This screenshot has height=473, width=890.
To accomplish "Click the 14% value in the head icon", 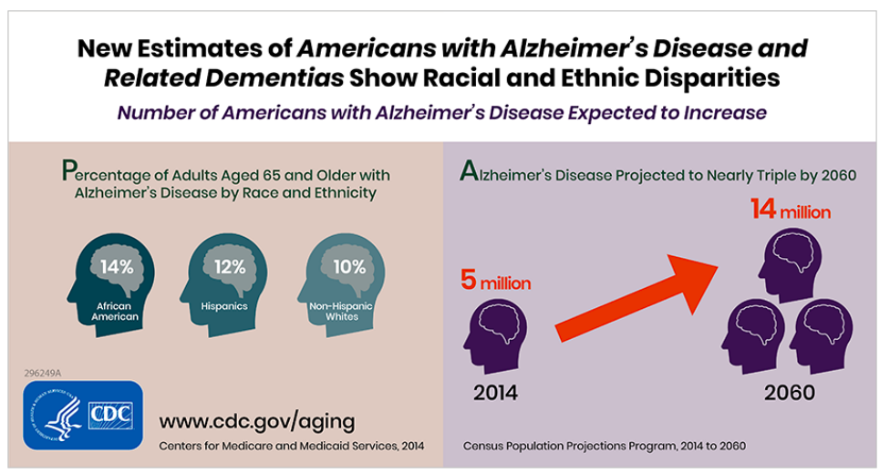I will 117,268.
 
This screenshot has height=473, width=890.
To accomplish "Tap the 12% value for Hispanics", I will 229,267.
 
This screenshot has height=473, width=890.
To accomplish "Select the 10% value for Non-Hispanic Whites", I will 348,267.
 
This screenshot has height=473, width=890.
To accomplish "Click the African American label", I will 116,311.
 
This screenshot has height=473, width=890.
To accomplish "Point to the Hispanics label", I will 224,306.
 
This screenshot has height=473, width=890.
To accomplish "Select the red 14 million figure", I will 790,211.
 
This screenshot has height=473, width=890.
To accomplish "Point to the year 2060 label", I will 789,395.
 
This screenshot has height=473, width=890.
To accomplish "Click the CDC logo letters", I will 110,416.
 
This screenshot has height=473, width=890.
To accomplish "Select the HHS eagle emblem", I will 59,416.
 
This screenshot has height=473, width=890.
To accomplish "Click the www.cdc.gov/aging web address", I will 257,421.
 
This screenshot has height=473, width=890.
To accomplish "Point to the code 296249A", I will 44,373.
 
